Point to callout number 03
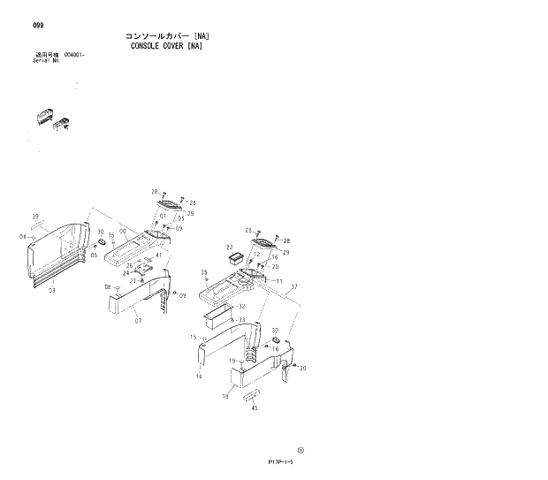click(x=52, y=289)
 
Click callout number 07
click(x=138, y=319)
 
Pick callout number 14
click(x=199, y=377)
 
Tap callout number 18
click(x=225, y=397)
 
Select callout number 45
click(x=255, y=408)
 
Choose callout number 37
click(x=293, y=286)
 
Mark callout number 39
click(x=35, y=217)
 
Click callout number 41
click(x=158, y=255)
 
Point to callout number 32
click(x=241, y=306)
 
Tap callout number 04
click(x=22, y=237)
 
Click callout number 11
click(x=278, y=281)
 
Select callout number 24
click(x=126, y=273)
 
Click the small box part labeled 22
click(x=236, y=259)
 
